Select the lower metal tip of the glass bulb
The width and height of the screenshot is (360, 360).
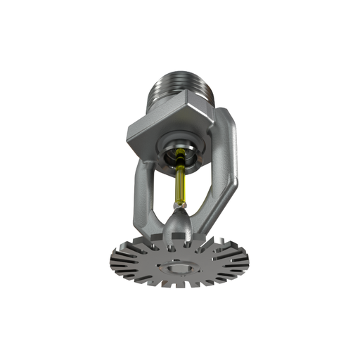coord(179,207)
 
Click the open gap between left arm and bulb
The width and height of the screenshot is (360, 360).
coord(158,190)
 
